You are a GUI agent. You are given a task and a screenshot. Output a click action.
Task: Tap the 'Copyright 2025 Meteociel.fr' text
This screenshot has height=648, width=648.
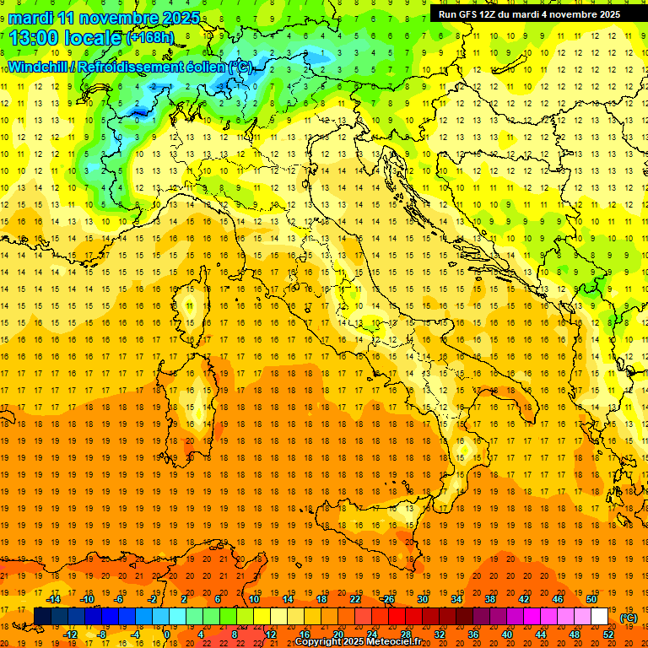pos(358,642)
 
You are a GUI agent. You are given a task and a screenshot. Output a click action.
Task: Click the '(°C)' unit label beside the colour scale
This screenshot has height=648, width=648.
pos(628,618)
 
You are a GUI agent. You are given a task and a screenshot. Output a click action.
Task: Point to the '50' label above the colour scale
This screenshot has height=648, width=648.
pos(591,599)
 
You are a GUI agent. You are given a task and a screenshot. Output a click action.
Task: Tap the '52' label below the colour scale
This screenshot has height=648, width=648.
pos(607,634)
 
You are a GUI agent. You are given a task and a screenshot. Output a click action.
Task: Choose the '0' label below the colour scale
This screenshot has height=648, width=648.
pos(168,634)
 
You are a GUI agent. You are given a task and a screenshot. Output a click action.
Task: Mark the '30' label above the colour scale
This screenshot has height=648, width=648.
pos(422,599)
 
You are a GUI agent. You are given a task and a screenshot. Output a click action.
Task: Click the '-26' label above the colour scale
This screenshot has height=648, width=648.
pos(387,599)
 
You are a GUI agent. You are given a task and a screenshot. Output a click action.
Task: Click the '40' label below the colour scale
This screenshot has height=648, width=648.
pos(506,634)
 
